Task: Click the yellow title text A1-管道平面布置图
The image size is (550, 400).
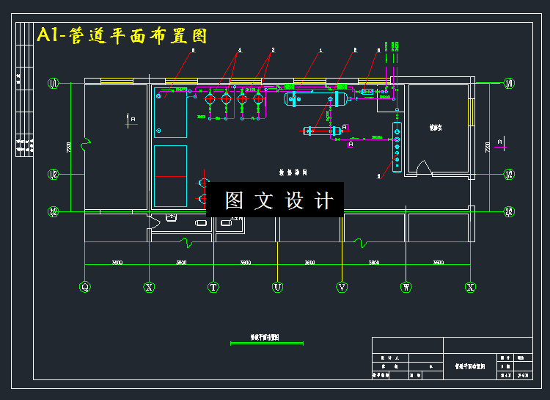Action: [x=122, y=34]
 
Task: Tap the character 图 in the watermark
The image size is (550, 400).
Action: [x=234, y=200]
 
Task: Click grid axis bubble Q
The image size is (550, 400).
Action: [x=85, y=287]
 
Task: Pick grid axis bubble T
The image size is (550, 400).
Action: [x=213, y=287]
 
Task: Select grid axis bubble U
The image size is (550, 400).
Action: [x=278, y=287]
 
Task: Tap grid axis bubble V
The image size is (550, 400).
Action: [x=342, y=287]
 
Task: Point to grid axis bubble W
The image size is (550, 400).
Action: [x=406, y=287]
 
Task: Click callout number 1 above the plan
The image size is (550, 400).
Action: [x=320, y=51]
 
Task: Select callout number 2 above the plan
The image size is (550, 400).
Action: [x=355, y=51]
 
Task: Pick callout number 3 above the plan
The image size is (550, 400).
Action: [x=273, y=51]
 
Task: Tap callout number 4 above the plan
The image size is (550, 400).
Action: [x=239, y=51]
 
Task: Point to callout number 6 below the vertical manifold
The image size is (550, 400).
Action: [x=378, y=176]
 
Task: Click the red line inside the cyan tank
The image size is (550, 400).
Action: [x=170, y=177]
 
